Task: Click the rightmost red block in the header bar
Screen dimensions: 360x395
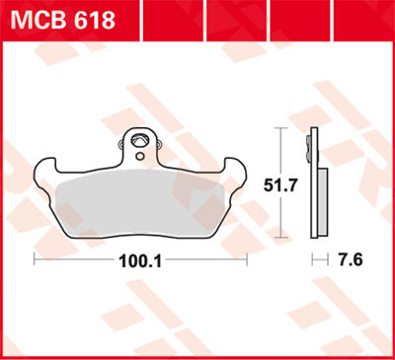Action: tap(371, 17)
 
